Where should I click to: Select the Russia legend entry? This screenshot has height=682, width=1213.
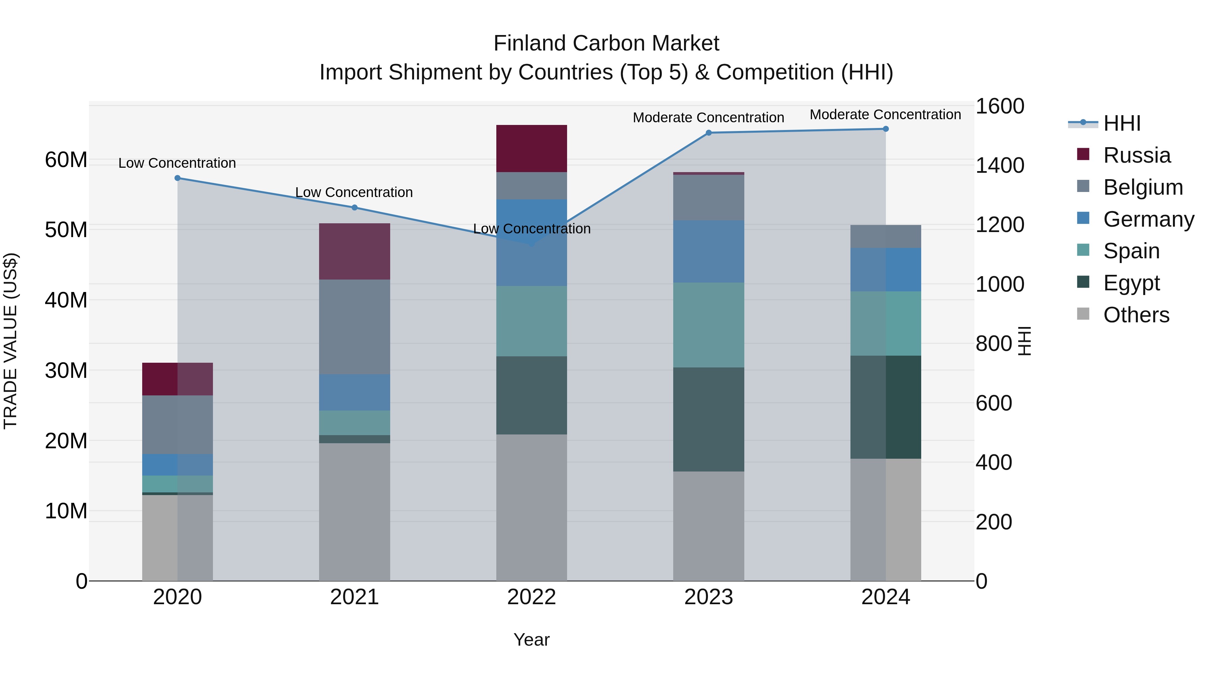[1136, 155]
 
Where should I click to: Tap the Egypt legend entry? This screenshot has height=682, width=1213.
[1131, 283]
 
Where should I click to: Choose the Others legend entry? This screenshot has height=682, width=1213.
[1136, 315]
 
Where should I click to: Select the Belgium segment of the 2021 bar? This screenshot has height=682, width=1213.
[354, 327]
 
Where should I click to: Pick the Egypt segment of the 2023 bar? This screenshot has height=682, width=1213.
[708, 419]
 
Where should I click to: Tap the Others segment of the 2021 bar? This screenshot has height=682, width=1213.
[354, 512]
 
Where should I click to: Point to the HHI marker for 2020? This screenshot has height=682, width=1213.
[178, 178]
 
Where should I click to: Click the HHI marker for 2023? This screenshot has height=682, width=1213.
[709, 133]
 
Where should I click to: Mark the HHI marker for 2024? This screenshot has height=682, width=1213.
[886, 129]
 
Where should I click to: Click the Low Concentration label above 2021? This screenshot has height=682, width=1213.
[354, 193]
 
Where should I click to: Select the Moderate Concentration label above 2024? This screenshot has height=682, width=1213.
[885, 115]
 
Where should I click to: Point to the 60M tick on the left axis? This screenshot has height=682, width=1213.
[66, 160]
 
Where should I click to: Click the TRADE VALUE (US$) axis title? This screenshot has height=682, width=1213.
[10, 341]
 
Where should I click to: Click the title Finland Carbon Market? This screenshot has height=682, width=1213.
[606, 43]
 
